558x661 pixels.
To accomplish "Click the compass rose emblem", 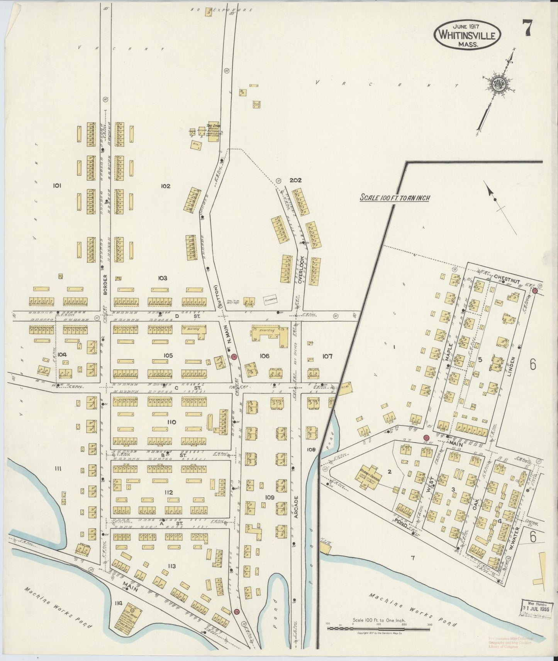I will tap(496, 84).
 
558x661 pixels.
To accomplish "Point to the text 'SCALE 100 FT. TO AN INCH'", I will tap(395, 198).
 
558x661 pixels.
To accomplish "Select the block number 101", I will tap(58, 185).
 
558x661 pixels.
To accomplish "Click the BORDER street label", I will tap(105, 285).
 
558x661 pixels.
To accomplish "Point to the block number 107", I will tap(327, 356).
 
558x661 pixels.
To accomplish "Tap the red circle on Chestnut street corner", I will tap(535, 291).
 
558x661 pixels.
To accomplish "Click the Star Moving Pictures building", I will tap(213, 132).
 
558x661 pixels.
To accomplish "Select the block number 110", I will tap(171, 422).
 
